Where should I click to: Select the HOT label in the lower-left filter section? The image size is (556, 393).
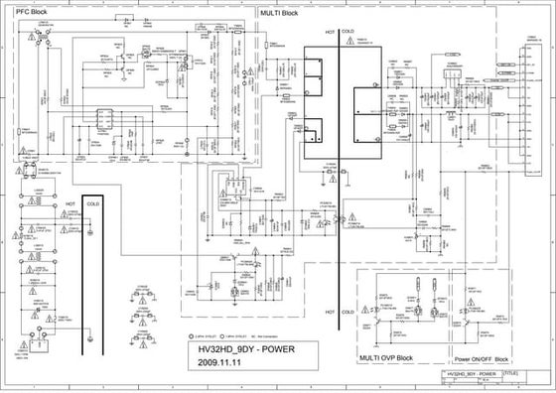[70, 203]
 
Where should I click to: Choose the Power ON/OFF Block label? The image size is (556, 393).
[482, 358]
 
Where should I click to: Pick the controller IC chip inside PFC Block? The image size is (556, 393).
[104, 120]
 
